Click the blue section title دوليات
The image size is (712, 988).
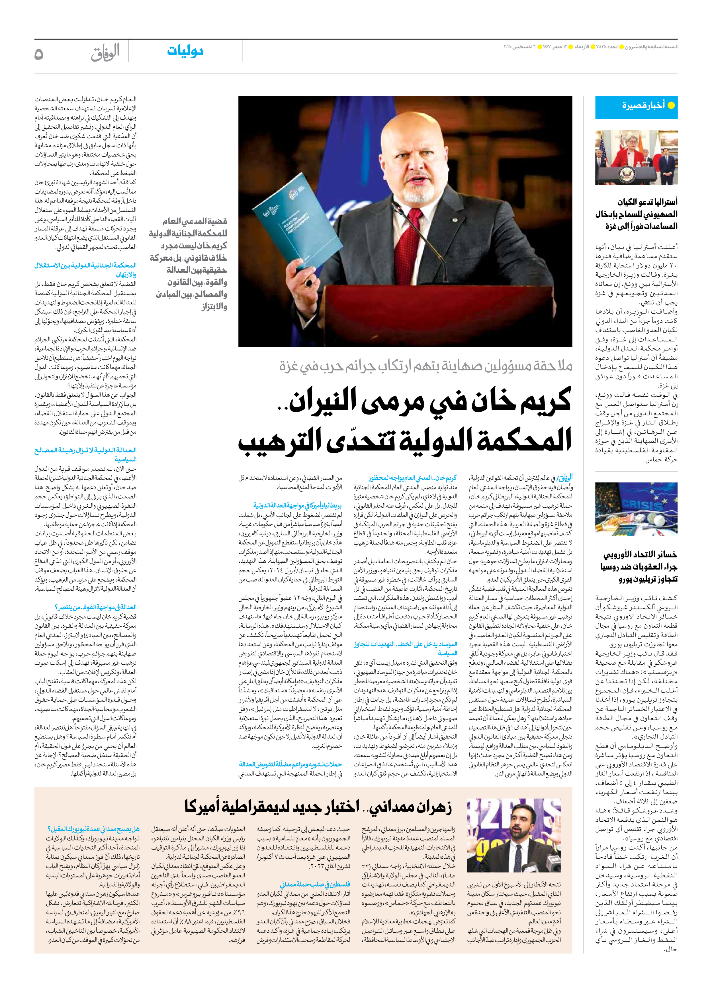click(x=185, y=51)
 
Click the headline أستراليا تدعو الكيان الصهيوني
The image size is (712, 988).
click(x=637, y=214)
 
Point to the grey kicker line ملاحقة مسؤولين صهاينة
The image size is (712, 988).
click(x=425, y=366)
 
